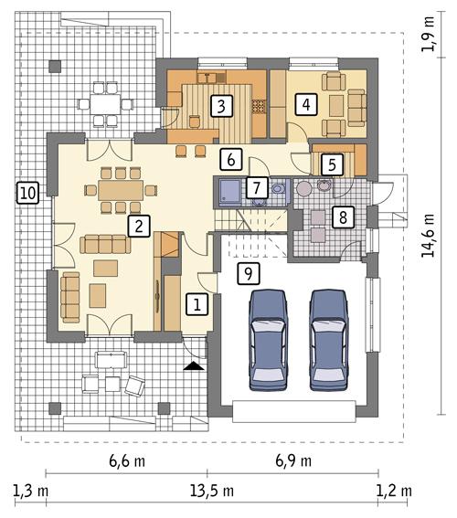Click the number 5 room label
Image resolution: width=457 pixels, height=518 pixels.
click(332, 164)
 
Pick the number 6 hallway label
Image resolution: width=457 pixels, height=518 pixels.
click(232, 158)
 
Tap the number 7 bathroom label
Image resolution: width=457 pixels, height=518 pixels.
click(257, 188)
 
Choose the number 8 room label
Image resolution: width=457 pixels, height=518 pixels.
click(341, 217)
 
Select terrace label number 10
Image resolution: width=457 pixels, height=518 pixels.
click(27, 192)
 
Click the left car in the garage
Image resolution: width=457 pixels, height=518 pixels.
click(270, 336)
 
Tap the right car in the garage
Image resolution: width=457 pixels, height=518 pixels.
click(330, 336)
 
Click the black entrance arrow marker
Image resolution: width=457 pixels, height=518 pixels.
click(192, 366)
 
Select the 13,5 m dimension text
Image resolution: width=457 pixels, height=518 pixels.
click(213, 491)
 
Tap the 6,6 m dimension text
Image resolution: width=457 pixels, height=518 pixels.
click(127, 461)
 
